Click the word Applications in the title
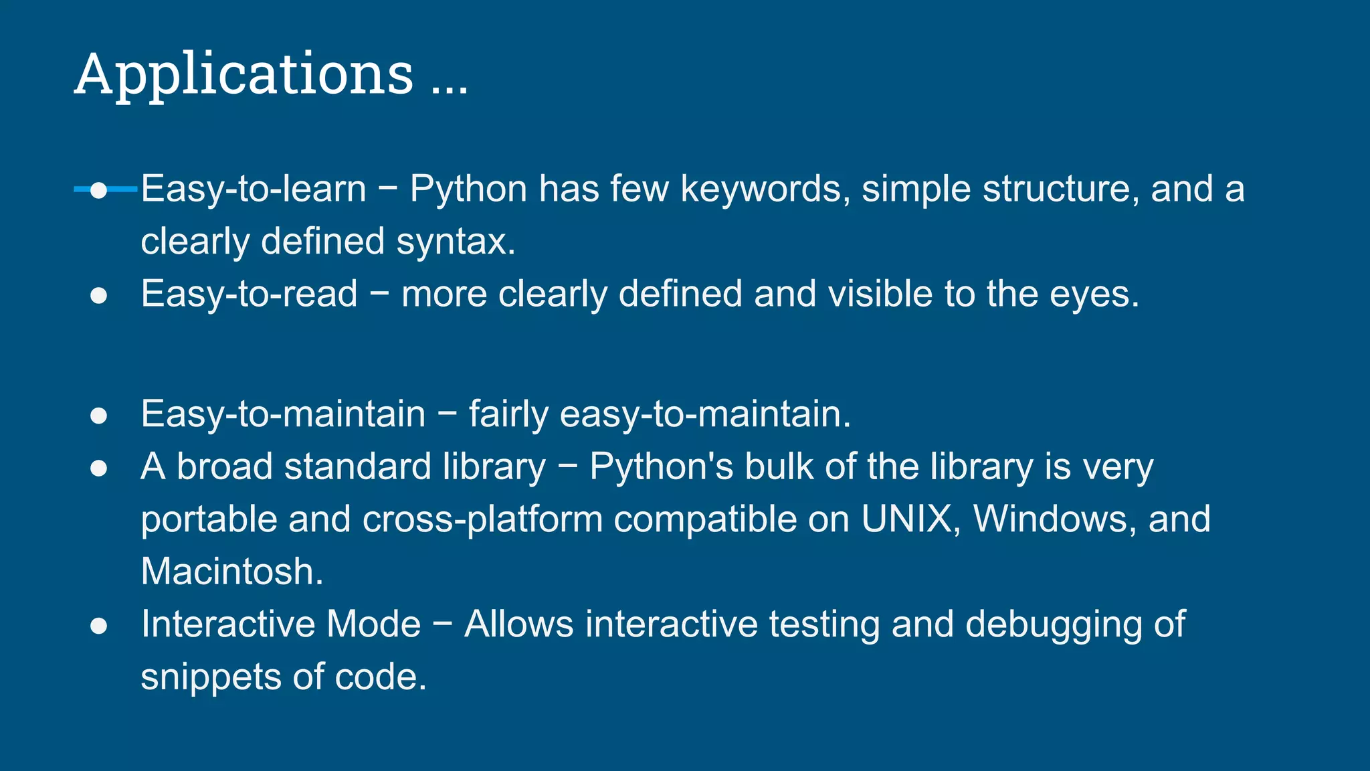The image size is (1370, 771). (x=244, y=75)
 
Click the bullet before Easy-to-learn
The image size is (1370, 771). (x=98, y=190)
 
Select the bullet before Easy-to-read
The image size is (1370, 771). (x=98, y=296)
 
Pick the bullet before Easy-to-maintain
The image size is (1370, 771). (x=98, y=416)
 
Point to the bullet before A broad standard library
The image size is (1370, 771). (x=98, y=468)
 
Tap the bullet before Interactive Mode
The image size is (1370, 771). (x=98, y=626)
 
